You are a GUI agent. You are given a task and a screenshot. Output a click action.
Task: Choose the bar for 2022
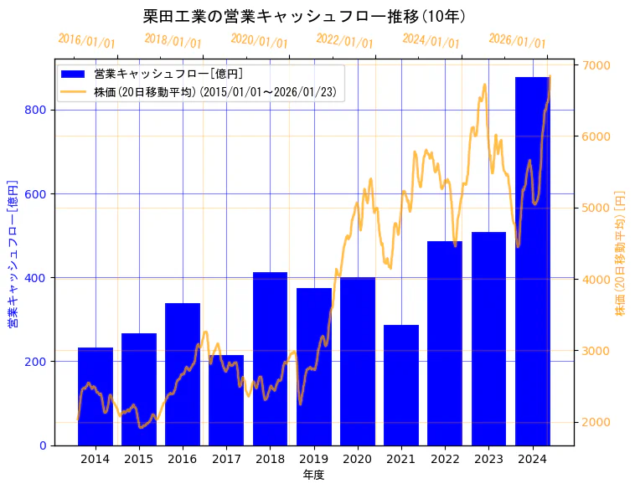click(x=445, y=343)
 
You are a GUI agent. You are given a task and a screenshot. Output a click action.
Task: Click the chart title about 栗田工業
click(x=305, y=17)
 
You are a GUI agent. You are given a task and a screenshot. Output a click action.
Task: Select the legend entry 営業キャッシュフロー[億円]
click(x=168, y=74)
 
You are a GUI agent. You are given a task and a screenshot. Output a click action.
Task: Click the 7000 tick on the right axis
click(x=596, y=65)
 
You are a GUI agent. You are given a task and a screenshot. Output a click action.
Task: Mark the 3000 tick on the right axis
click(x=596, y=351)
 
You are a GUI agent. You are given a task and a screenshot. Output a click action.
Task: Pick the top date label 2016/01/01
click(x=86, y=40)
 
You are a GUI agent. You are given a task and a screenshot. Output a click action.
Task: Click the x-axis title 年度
click(x=313, y=475)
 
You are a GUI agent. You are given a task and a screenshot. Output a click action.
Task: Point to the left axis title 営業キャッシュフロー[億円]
click(x=13, y=253)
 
